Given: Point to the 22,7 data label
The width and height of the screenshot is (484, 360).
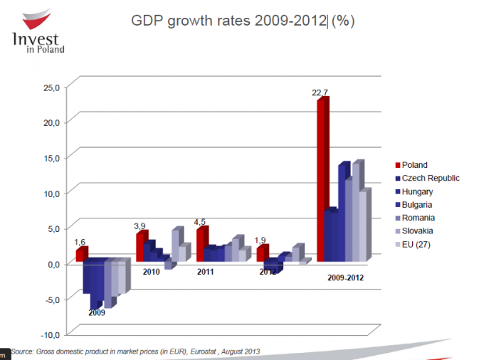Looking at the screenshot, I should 320,92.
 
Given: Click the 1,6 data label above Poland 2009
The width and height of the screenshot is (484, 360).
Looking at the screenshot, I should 80,241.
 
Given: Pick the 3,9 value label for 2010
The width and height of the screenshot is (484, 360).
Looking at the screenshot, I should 140,226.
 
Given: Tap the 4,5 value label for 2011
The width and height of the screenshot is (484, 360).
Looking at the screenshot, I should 201,221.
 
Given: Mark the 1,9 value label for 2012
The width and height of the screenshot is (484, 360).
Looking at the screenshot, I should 261,240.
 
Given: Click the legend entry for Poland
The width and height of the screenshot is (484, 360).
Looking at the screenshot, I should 414,165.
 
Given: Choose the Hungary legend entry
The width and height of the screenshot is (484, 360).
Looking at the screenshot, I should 418,191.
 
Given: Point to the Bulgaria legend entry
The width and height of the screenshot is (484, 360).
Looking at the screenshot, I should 418,205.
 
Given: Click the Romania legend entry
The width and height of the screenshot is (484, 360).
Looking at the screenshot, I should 419,218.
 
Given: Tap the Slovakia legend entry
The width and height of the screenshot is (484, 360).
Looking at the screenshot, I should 419,231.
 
